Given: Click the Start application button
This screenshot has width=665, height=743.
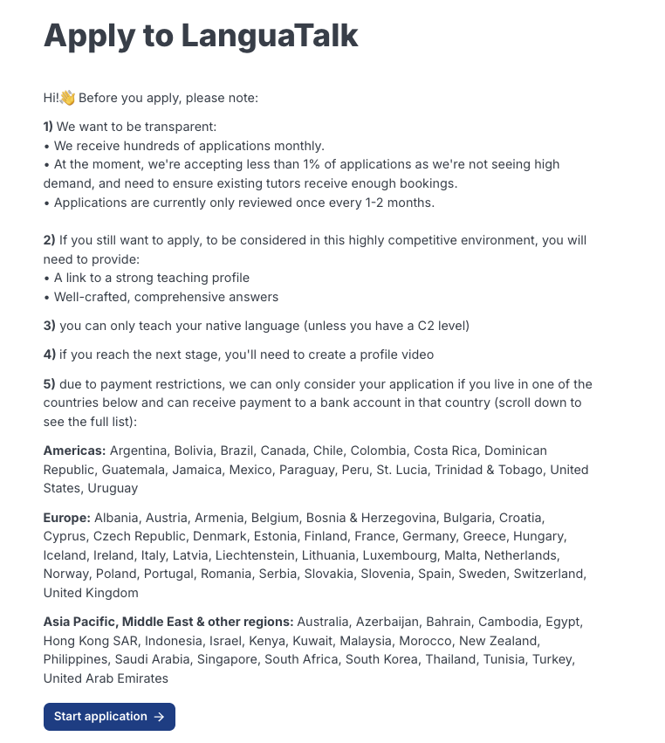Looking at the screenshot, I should [x=109, y=717].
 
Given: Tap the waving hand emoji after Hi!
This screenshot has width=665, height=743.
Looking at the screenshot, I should [x=68, y=98].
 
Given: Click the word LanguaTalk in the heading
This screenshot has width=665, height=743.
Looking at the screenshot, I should [x=270, y=36].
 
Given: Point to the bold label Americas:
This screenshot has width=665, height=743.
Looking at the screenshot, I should [x=74, y=451].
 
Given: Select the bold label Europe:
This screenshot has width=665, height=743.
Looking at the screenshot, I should [x=66, y=517].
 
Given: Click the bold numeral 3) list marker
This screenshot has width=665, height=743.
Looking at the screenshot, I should [x=49, y=326].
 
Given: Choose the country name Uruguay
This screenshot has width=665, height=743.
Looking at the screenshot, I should [x=113, y=488].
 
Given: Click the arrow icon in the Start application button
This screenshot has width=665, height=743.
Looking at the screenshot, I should [x=159, y=717].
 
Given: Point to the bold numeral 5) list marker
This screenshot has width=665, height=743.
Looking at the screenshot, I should [x=49, y=384].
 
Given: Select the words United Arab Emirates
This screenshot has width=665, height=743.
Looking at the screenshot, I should [x=106, y=678].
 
